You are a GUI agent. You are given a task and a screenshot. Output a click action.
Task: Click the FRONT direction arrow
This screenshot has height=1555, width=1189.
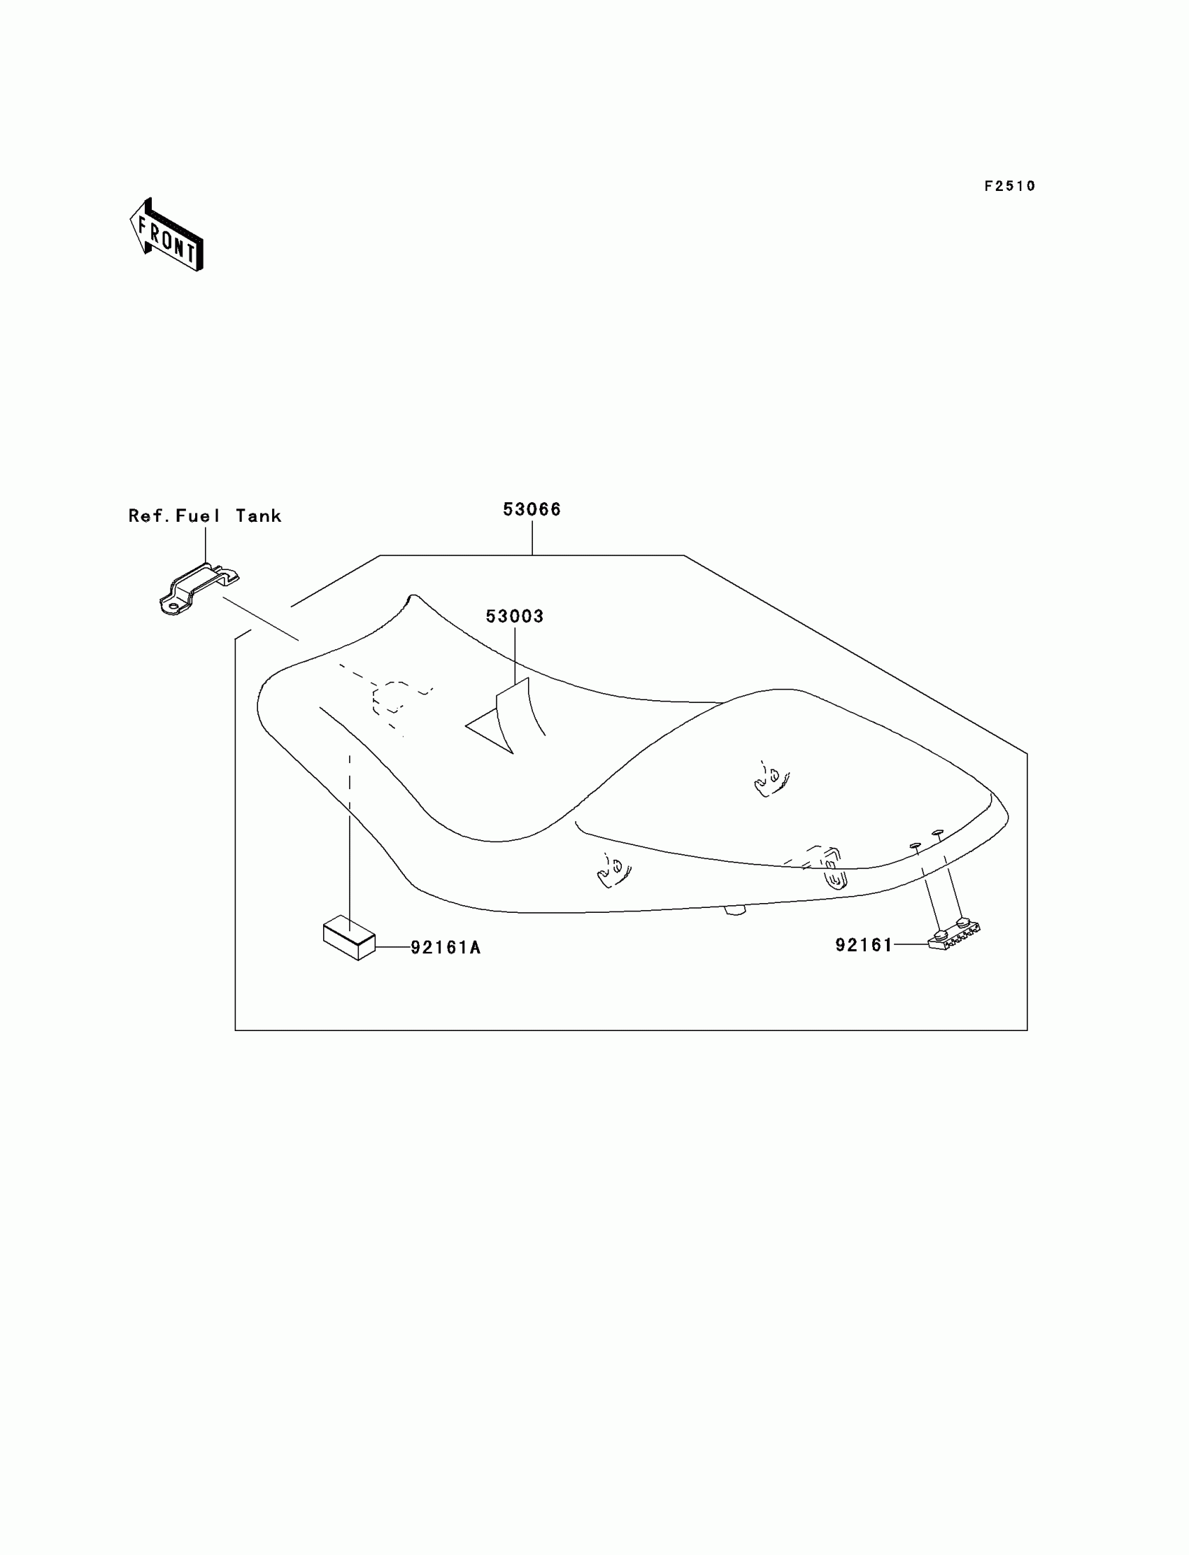[167, 235]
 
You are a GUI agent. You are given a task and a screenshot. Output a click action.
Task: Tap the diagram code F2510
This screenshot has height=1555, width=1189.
[1010, 186]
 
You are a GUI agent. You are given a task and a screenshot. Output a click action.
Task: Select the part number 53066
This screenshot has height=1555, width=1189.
[532, 510]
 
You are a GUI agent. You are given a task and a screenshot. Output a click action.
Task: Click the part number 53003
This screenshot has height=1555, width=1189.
[515, 616]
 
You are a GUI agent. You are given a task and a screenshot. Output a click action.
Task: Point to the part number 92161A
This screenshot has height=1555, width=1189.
[446, 948]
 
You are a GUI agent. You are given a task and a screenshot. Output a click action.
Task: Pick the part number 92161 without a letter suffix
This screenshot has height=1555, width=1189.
[864, 946]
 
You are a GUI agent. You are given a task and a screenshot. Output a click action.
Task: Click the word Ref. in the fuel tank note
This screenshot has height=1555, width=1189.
[148, 516]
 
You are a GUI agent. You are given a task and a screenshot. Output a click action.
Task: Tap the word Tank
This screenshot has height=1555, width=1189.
[258, 516]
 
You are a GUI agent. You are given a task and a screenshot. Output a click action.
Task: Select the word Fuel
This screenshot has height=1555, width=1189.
[198, 516]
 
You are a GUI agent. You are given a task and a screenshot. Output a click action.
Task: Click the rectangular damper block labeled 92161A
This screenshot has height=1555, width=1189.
[349, 938]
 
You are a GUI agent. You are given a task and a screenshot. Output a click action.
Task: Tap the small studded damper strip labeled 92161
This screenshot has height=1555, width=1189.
[953, 935]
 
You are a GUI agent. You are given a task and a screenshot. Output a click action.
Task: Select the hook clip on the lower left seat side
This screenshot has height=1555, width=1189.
[613, 870]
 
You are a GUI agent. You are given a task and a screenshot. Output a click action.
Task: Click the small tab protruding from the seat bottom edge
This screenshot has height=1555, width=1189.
[735, 911]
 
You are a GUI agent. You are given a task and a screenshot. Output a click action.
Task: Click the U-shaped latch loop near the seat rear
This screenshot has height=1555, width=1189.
[835, 878]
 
